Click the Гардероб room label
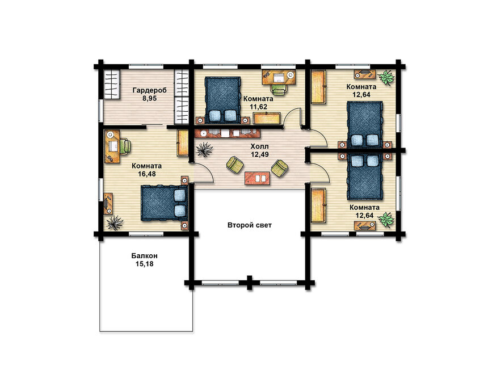(x=149, y=91)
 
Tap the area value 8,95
(x=149, y=98)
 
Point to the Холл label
(x=259, y=146)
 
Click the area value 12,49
(x=259, y=154)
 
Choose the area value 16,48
(x=147, y=174)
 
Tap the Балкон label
(x=144, y=256)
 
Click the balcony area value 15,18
(x=144, y=264)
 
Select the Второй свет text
(x=250, y=225)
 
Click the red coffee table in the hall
(x=258, y=178)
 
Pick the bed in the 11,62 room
(x=223, y=99)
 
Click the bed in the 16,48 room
(x=165, y=203)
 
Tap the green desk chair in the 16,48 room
(x=125, y=146)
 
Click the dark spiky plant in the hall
(x=204, y=149)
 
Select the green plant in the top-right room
(x=386, y=77)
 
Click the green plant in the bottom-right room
(x=386, y=220)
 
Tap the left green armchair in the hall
(x=235, y=164)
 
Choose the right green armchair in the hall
(x=279, y=168)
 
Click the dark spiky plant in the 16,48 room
(x=115, y=222)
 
